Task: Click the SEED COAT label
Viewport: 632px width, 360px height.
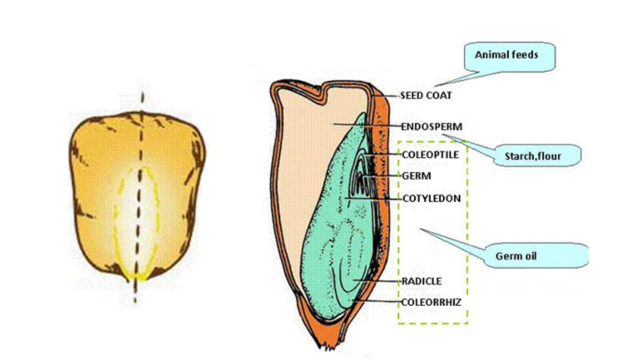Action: (426, 95)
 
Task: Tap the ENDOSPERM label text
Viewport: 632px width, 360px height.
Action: (431, 127)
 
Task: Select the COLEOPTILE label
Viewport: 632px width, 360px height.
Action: (430, 154)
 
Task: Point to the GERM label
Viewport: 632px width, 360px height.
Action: (417, 176)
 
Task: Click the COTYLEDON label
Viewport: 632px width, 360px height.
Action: (431, 199)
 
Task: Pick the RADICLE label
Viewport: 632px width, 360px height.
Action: (422, 281)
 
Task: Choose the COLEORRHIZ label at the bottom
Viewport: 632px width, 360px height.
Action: (431, 302)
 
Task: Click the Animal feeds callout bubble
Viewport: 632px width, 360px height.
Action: (507, 55)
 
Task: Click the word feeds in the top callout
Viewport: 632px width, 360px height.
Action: (526, 55)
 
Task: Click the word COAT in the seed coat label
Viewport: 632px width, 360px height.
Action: (439, 95)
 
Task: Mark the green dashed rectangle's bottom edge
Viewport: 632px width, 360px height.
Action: (433, 323)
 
